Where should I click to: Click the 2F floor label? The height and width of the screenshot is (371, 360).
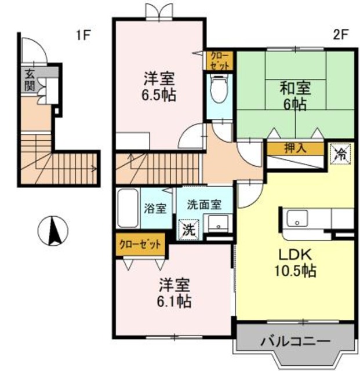click(x=340, y=34)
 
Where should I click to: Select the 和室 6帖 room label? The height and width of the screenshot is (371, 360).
click(x=295, y=96)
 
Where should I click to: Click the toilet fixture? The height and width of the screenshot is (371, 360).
click(x=219, y=93)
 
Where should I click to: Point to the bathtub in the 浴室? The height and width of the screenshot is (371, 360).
click(x=126, y=209)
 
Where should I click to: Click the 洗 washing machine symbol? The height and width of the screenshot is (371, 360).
click(x=188, y=229)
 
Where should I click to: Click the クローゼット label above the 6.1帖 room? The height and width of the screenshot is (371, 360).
click(x=140, y=244)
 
